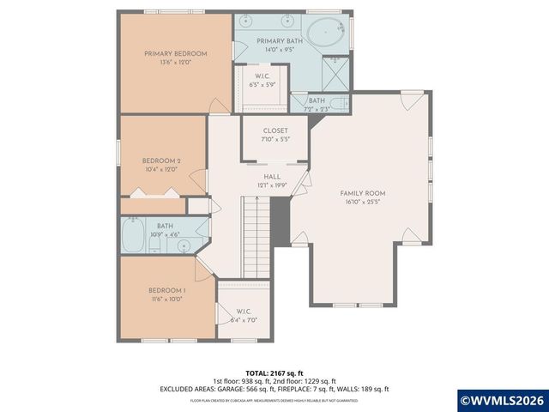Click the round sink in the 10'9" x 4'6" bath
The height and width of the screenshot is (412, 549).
point(184,245)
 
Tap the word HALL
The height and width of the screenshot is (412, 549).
point(272,176)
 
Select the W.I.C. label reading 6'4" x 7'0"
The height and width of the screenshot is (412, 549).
point(243,315)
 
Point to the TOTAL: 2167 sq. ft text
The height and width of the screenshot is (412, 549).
point(274,373)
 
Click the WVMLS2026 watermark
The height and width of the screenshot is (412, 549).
point(502,400)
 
